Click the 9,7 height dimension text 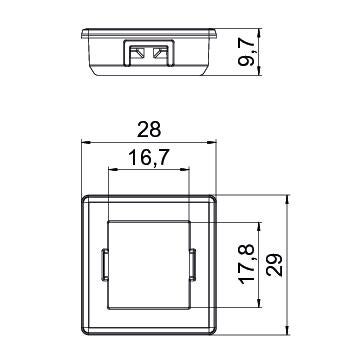pyautogui.click(x=246, y=52)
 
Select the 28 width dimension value pyautogui.click(x=149, y=130)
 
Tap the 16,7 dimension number pyautogui.click(x=149, y=158)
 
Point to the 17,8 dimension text pyautogui.click(x=247, y=264)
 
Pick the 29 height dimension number pyautogui.click(x=274, y=265)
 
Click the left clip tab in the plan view pyautogui.click(x=104, y=264)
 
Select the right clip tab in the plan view pyautogui.click(x=193, y=264)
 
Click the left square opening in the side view pyautogui.click(x=137, y=53)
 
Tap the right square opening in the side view pyautogui.click(x=160, y=53)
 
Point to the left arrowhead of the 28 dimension pyautogui.click(x=86, y=142)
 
